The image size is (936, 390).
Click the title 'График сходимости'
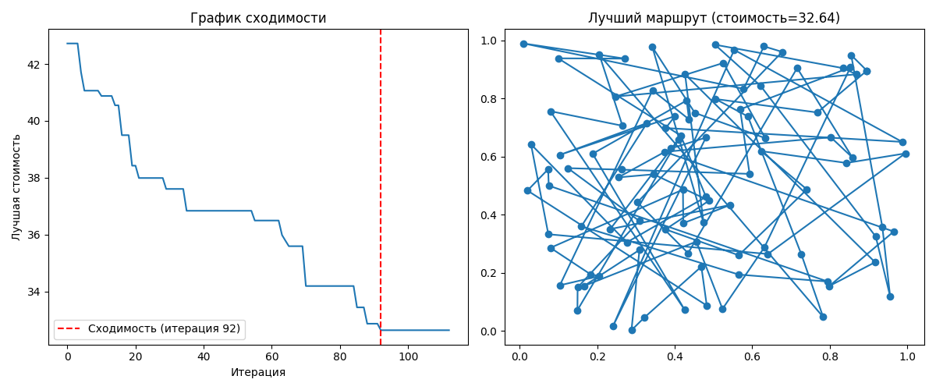point(258,18)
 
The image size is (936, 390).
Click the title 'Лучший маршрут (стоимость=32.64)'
point(714,18)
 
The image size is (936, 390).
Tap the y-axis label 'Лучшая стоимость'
point(16,186)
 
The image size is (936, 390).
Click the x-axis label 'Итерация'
point(258,373)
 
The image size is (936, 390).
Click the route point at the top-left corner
point(523,44)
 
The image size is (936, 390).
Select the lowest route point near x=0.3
point(632,330)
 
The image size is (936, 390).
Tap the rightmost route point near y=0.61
point(906,154)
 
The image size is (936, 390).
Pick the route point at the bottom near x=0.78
point(823,317)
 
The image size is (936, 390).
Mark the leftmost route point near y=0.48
point(527,190)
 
